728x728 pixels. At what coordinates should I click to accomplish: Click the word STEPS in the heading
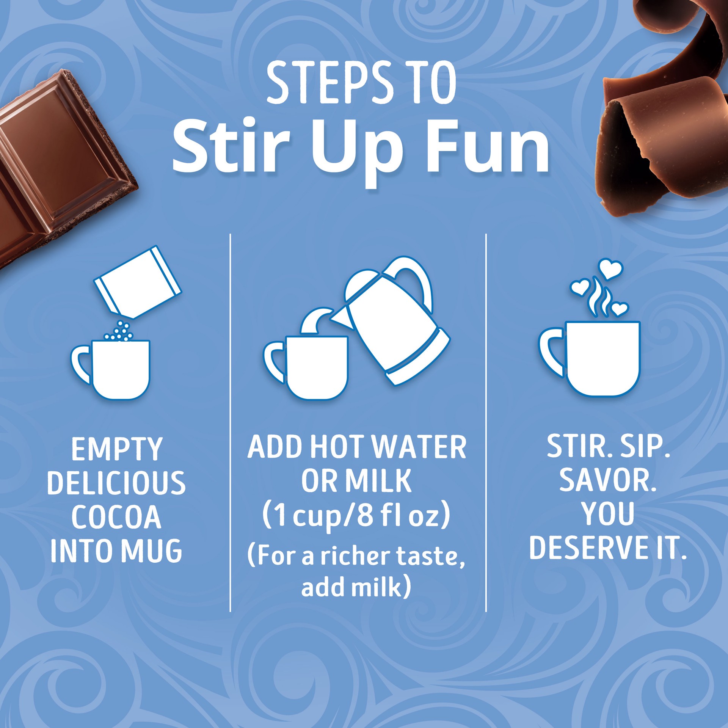(329, 83)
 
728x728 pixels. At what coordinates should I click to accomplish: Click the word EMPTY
(117, 449)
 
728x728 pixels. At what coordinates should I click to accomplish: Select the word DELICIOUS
(116, 483)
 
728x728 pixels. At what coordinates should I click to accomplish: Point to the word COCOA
(116, 517)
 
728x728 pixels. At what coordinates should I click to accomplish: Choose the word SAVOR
(608, 480)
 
